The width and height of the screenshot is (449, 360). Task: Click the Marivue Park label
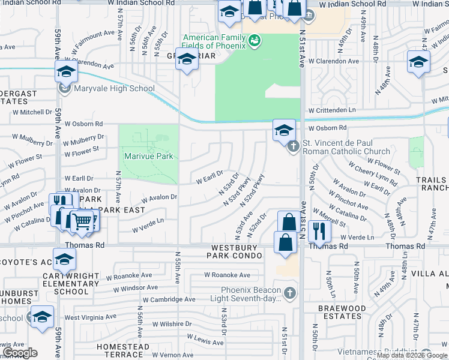coord(148,156)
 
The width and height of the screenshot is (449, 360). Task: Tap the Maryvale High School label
coord(114,89)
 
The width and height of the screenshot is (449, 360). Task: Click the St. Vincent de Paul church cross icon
coord(294,145)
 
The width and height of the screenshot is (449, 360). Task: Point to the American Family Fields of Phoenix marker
coord(255,40)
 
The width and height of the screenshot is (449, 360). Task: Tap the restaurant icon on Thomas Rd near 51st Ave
coord(319,231)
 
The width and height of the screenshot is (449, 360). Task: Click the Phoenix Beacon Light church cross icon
coord(290,293)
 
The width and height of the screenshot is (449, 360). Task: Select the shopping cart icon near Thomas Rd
coord(82,223)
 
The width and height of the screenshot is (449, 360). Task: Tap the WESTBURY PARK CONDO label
coord(237,251)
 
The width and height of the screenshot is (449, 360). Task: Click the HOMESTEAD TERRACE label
coord(123,351)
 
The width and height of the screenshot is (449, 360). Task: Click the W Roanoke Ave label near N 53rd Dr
coord(227,275)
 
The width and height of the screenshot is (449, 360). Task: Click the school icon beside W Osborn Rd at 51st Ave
coord(284,130)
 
